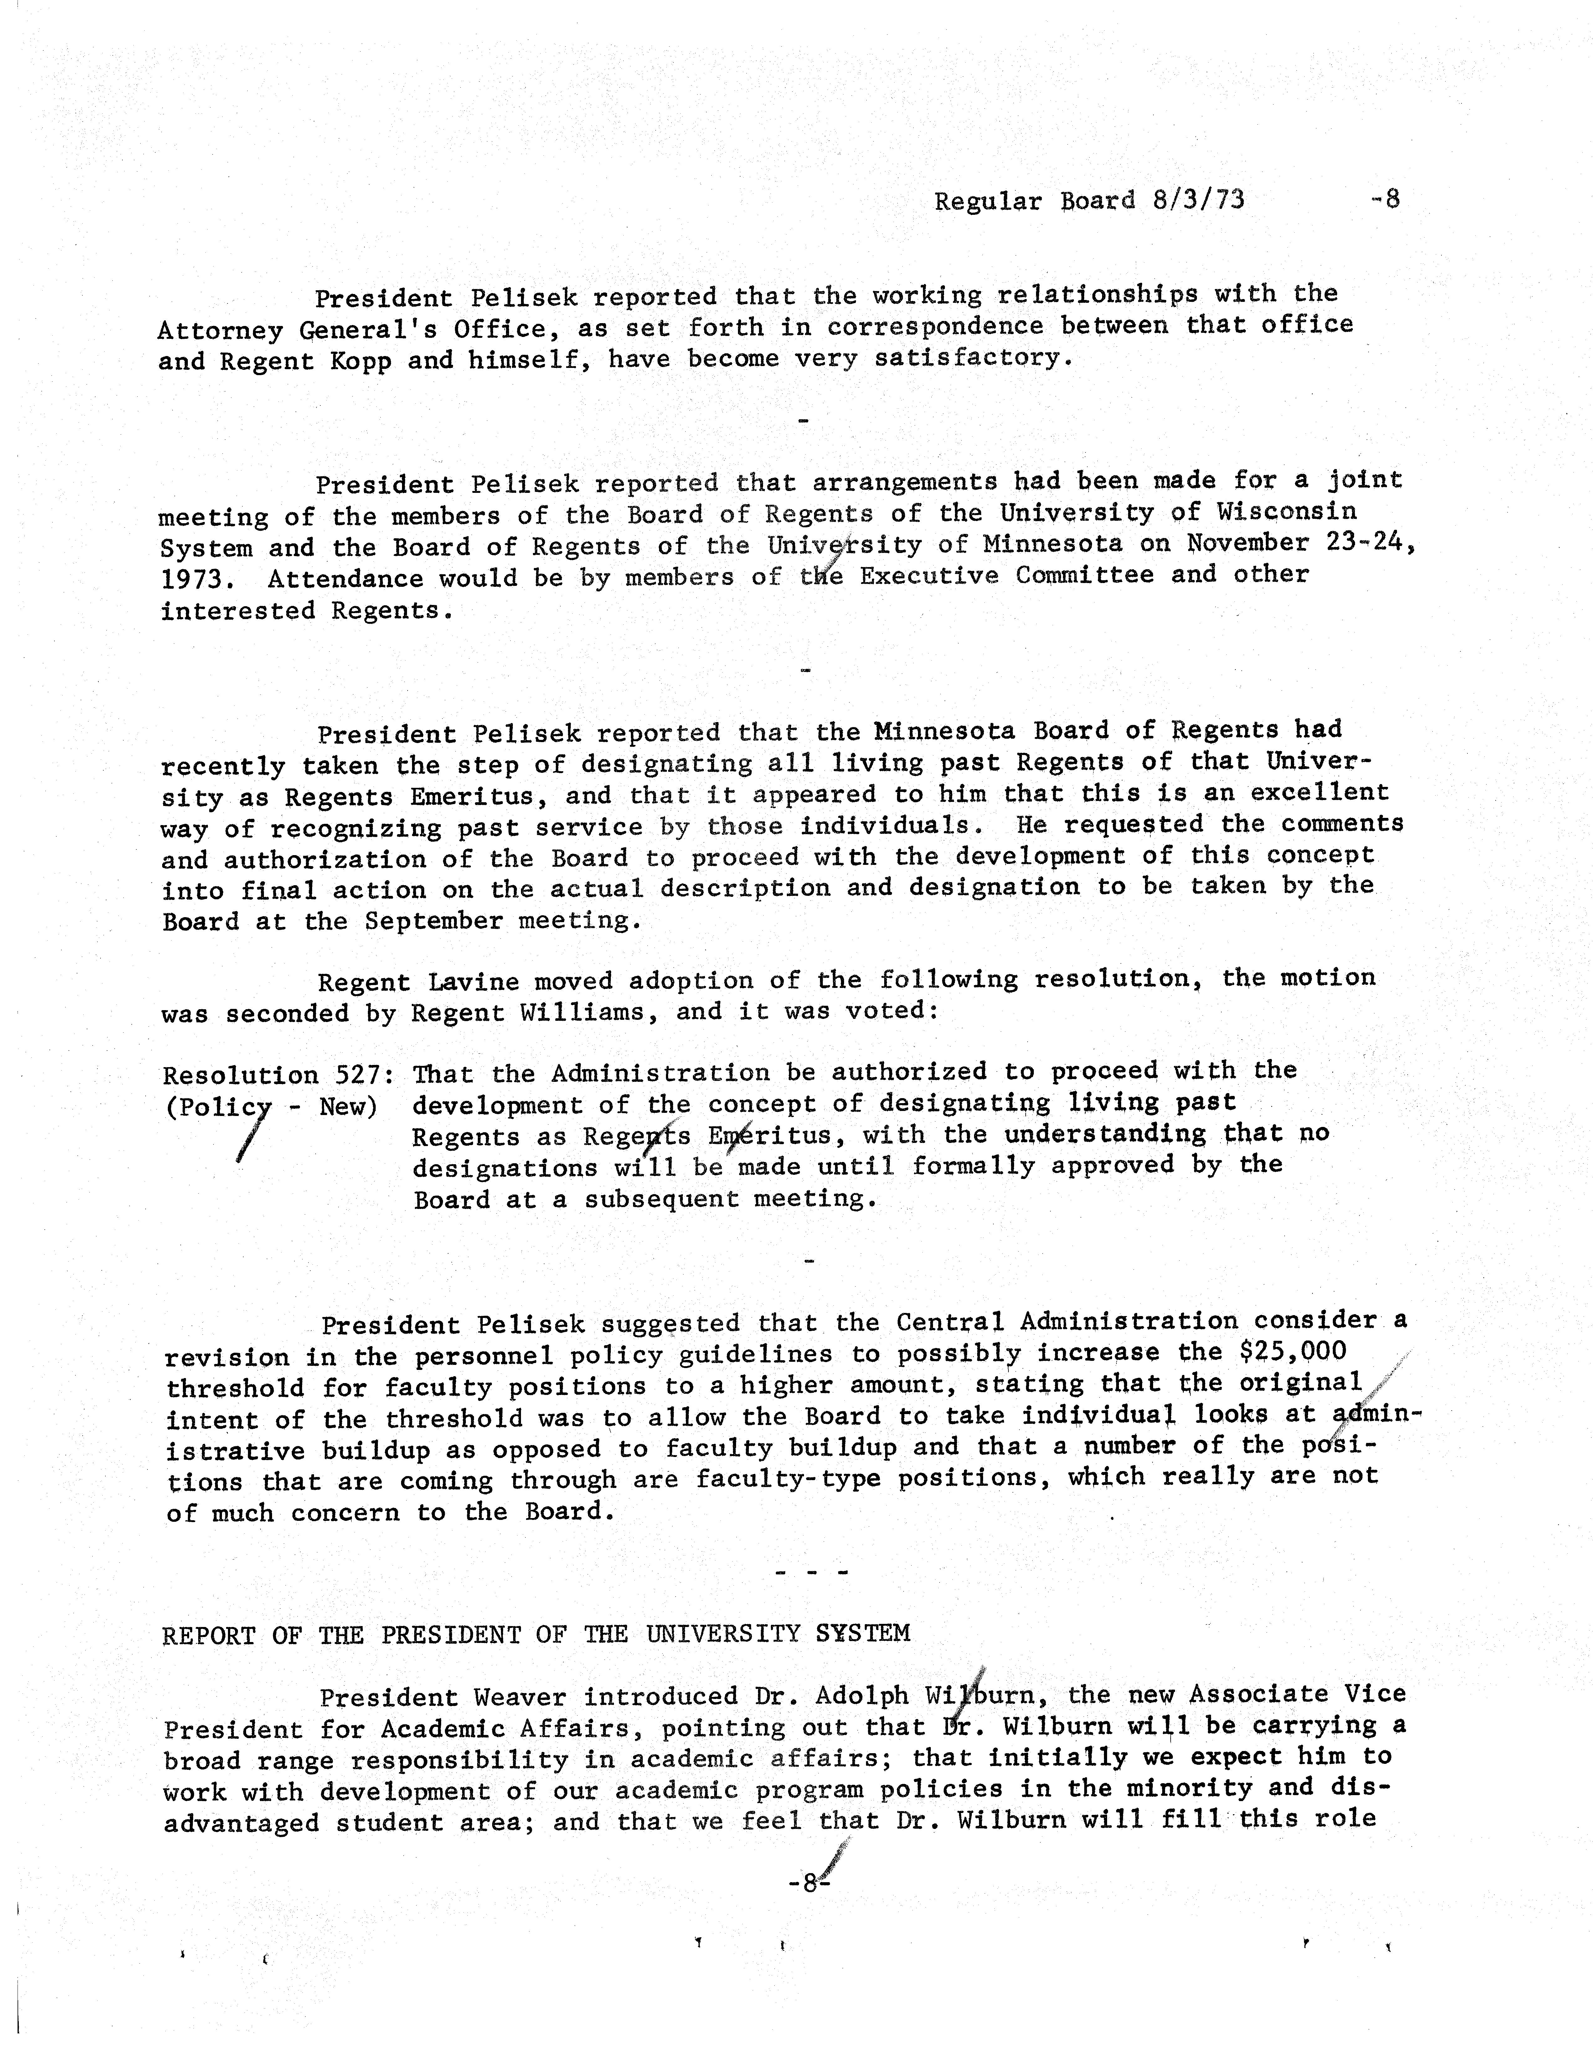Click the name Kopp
360,361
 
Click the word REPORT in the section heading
209,1634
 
